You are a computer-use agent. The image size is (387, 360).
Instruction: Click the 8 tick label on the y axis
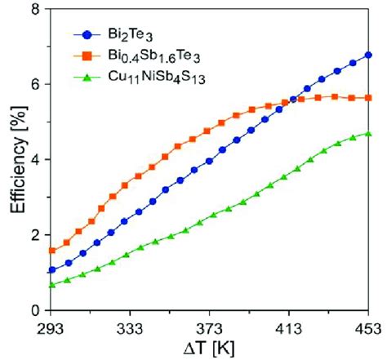(x=36, y=9)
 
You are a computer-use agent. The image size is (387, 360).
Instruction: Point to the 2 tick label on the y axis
(x=36, y=235)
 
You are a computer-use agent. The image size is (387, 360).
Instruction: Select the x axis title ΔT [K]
(x=210, y=348)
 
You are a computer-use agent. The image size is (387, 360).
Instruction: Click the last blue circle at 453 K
(x=369, y=55)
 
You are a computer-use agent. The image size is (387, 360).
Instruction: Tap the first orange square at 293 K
(x=51, y=251)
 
